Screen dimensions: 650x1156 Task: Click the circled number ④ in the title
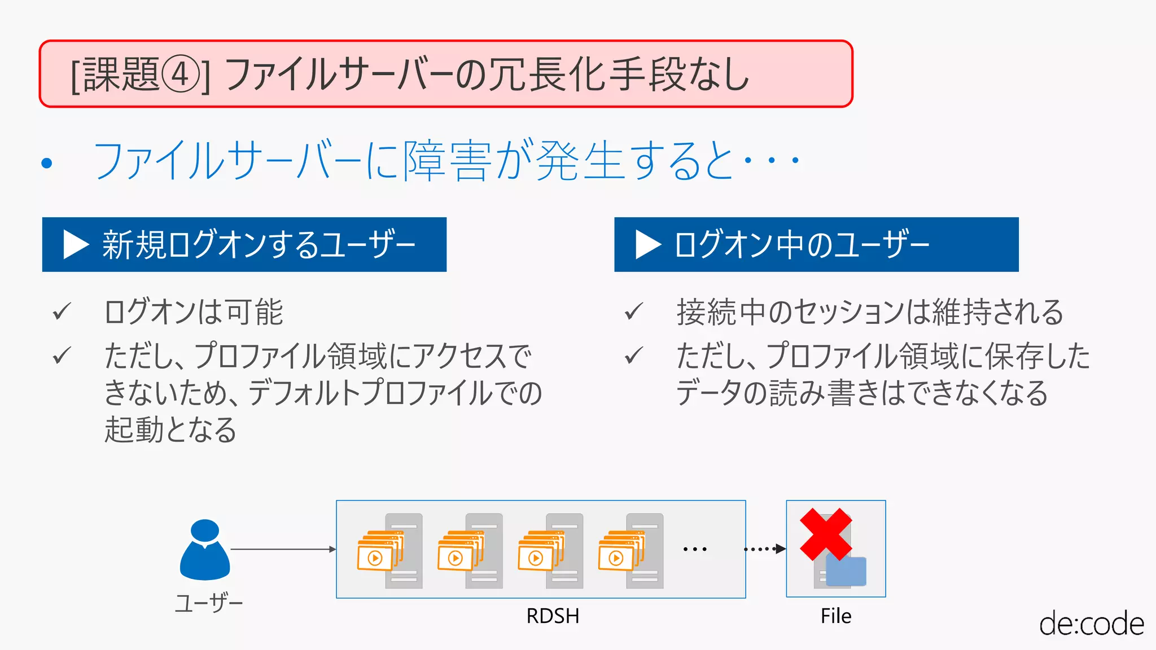(x=181, y=75)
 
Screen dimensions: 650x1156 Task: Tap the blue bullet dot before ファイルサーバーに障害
(x=47, y=164)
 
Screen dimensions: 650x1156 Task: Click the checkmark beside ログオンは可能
(x=62, y=311)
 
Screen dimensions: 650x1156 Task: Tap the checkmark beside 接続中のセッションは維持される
(x=634, y=311)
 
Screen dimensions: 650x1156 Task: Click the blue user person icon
(x=204, y=550)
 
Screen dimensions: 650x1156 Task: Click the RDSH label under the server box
(x=553, y=616)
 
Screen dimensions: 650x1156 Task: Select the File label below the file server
(x=836, y=616)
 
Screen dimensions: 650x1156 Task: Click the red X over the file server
(x=825, y=534)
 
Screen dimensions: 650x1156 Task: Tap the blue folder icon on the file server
(x=846, y=571)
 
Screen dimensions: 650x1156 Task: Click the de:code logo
(x=1091, y=624)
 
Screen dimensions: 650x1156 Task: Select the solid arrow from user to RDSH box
(x=282, y=549)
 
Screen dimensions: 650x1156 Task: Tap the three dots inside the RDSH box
(x=695, y=549)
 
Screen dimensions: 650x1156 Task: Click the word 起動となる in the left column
(x=170, y=430)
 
